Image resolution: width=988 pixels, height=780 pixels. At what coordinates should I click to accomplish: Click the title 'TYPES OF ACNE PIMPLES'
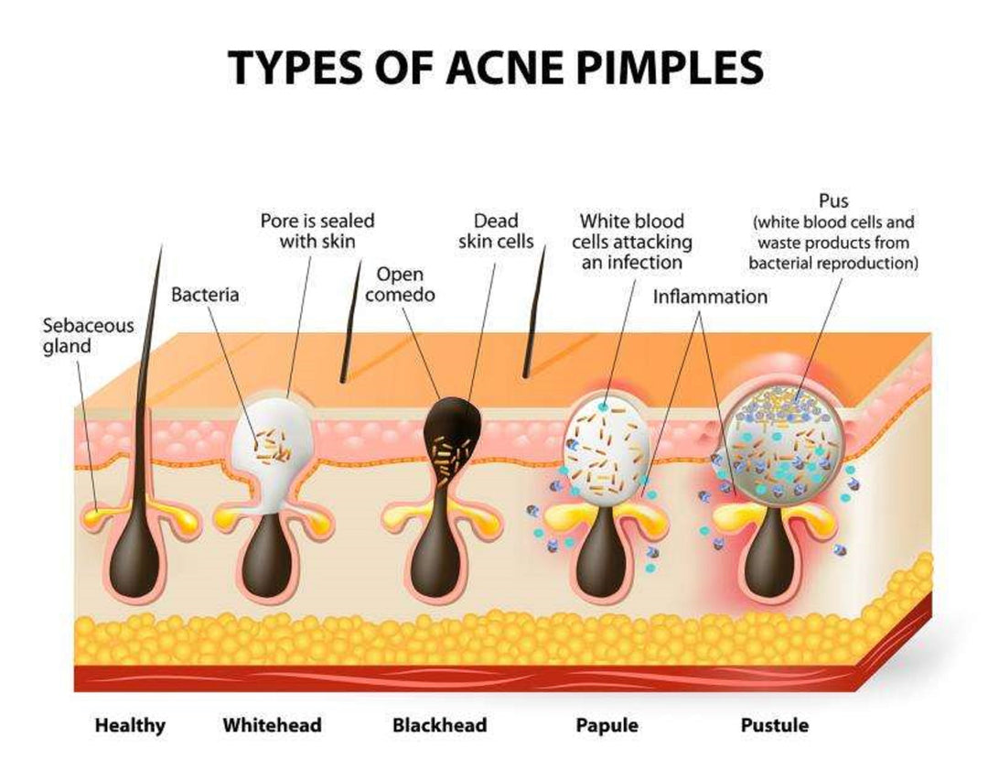pyautogui.click(x=495, y=67)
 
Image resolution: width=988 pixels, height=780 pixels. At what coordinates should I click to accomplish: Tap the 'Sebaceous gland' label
pyautogui.click(x=88, y=335)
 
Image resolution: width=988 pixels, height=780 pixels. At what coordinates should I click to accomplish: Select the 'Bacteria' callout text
pyautogui.click(x=205, y=295)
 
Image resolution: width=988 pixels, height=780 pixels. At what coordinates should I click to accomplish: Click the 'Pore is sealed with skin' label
pyautogui.click(x=317, y=231)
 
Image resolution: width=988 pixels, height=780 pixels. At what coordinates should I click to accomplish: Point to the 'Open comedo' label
pyautogui.click(x=400, y=285)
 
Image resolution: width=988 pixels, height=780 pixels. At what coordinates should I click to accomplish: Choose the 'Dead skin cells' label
pyautogui.click(x=496, y=231)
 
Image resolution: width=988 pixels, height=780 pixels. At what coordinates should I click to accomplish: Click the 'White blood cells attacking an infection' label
pyautogui.click(x=632, y=242)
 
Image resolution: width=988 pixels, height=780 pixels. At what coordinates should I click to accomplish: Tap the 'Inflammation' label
pyautogui.click(x=710, y=297)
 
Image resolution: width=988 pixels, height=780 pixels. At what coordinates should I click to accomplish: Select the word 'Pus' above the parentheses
pyautogui.click(x=833, y=201)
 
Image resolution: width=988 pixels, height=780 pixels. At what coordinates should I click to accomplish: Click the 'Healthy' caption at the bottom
pyautogui.click(x=130, y=725)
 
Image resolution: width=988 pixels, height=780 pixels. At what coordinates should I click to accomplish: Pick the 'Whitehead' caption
pyautogui.click(x=273, y=724)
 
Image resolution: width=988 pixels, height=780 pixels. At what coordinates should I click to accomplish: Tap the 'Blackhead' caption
pyautogui.click(x=440, y=724)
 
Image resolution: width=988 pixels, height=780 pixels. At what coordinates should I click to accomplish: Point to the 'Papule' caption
pyautogui.click(x=607, y=725)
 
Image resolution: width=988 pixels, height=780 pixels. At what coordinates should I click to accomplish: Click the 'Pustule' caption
pyautogui.click(x=775, y=724)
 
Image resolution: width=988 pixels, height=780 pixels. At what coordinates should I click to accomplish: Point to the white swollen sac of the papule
pyautogui.click(x=607, y=449)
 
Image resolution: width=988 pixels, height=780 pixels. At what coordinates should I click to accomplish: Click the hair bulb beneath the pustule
pyautogui.click(x=770, y=554)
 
